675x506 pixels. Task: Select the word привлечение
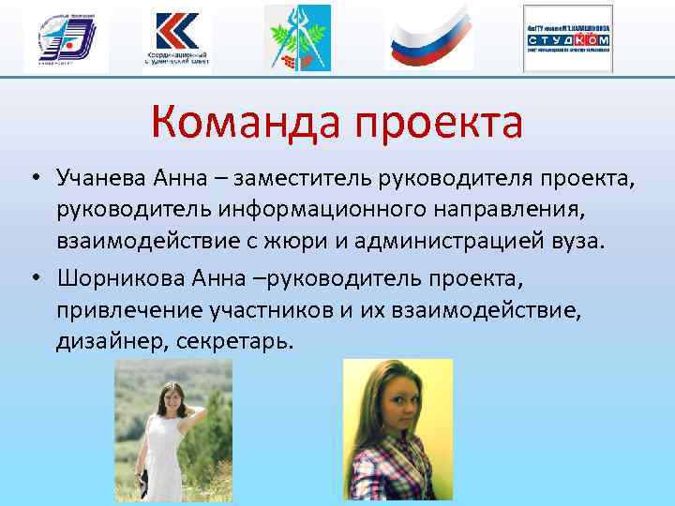pos(123,309)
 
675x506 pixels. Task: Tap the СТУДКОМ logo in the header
pos(568,39)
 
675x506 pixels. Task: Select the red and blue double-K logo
pos(177,38)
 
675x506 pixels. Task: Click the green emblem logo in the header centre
pos(297,38)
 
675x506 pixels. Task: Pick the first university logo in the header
pos(66,39)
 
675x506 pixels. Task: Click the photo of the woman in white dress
pos(172,432)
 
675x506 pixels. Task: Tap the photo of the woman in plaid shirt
pos(397,432)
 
